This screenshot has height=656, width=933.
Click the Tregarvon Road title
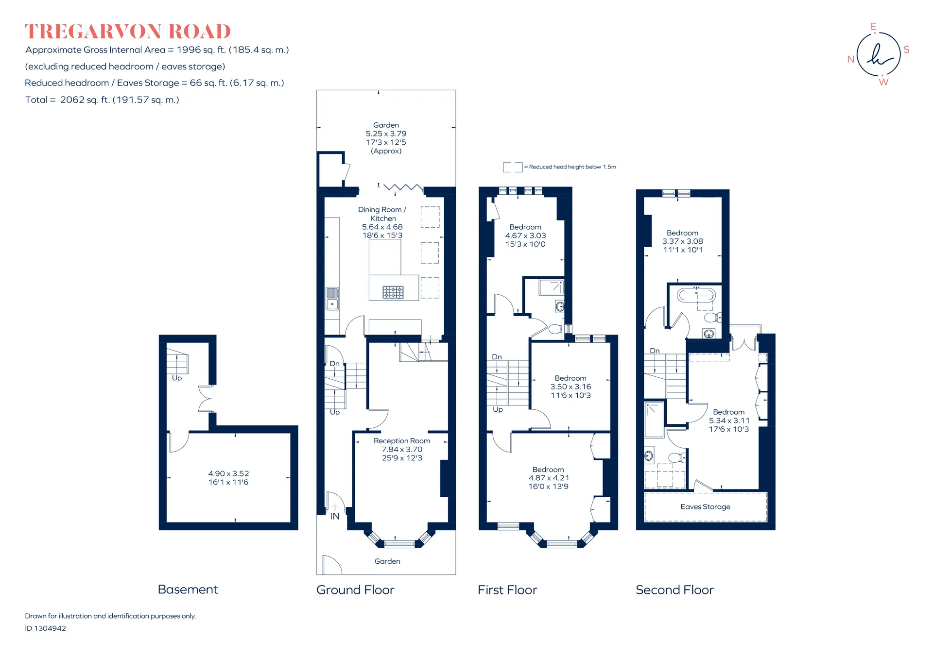point(128,32)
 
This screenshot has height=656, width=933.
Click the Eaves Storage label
point(705,507)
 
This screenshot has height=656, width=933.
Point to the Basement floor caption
point(188,589)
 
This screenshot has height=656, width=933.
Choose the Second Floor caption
point(674,590)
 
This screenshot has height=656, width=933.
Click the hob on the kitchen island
point(393,292)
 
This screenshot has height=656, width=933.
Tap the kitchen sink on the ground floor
point(332,299)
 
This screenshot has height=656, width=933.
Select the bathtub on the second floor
point(696,295)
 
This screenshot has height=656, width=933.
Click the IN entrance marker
point(335,516)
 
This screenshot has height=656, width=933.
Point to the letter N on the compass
point(850,59)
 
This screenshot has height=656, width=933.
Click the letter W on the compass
point(883,82)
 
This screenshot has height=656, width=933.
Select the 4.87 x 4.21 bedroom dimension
point(549,478)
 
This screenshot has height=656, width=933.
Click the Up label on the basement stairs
point(177,378)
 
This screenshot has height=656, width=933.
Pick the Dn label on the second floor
point(655,351)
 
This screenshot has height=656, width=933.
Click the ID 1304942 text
point(45,628)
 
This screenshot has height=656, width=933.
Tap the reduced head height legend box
point(513,167)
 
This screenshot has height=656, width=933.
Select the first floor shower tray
point(551,287)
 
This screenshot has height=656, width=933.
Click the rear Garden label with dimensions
point(386,138)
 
